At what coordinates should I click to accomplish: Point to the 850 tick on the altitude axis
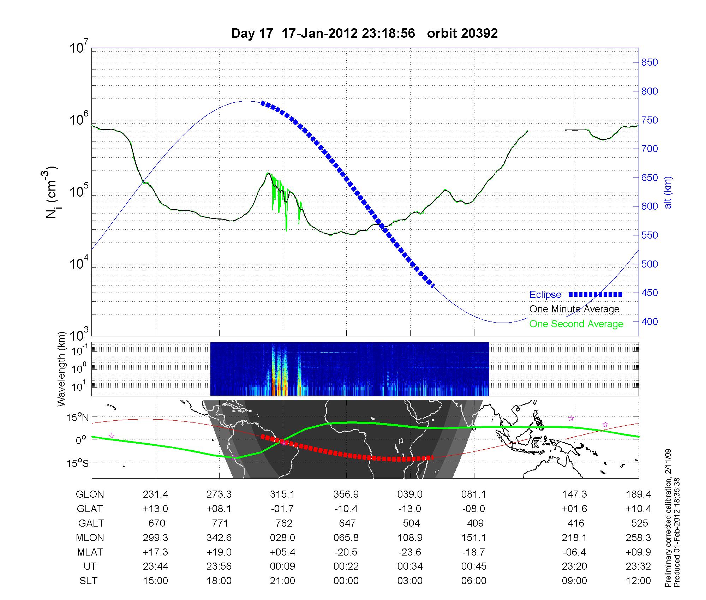(650, 62)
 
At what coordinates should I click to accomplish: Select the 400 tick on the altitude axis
(650, 322)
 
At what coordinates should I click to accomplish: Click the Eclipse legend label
(545, 295)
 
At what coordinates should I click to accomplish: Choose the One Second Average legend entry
(576, 324)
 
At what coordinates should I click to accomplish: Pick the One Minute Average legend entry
(574, 309)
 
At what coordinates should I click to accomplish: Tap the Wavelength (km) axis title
(62, 369)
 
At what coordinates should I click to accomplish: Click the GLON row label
(90, 494)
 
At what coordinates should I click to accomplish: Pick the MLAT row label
(90, 552)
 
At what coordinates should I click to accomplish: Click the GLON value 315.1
(282, 494)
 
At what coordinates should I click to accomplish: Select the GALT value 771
(219, 523)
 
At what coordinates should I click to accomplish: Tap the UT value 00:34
(410, 566)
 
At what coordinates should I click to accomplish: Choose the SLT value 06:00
(474, 581)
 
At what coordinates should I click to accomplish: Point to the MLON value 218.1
(574, 538)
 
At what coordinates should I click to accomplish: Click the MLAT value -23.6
(410, 552)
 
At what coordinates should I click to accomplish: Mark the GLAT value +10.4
(639, 509)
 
